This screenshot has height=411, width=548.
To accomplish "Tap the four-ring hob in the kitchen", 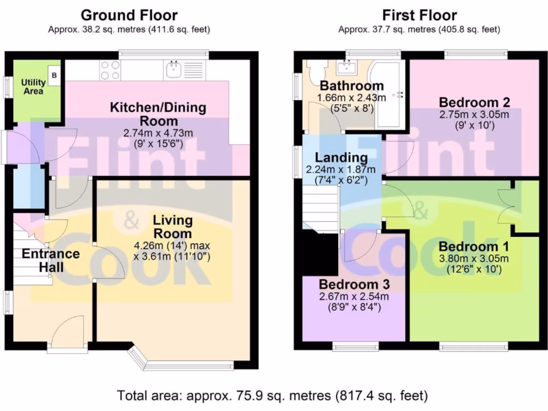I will click(109, 70).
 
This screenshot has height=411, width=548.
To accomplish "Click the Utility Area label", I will click(32, 87).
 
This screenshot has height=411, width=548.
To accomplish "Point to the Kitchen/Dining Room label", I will click(157, 114).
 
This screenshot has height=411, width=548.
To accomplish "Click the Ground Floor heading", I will click(129, 15).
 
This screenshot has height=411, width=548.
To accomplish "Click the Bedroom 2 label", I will click(474, 102).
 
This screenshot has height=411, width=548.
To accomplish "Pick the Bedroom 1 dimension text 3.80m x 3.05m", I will click(474, 259).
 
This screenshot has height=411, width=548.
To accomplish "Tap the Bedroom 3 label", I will click(354, 284).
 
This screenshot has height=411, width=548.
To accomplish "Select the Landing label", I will click(341, 158).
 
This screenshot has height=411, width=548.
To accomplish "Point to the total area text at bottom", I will click(272, 396).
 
